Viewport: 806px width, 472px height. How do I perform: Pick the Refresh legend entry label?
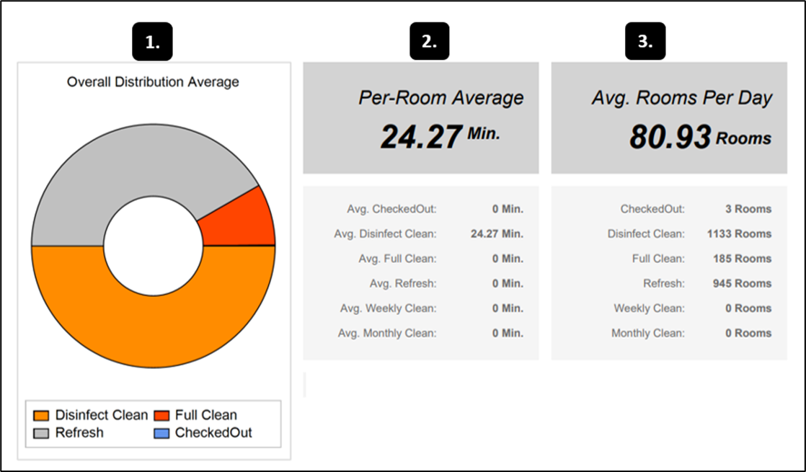pos(79,433)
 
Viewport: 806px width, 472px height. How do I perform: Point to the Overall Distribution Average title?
pos(153,82)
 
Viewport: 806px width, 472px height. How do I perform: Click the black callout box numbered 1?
pos(153,42)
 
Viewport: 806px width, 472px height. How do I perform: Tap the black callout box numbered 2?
pos(430,42)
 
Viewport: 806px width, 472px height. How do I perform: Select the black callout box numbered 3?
pos(645,42)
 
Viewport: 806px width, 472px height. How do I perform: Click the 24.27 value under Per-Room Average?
pos(420,136)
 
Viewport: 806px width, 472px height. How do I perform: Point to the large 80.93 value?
pos(670,136)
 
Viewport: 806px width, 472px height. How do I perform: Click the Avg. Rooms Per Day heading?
pos(681,98)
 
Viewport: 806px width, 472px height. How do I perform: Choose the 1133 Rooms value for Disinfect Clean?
pos(739,234)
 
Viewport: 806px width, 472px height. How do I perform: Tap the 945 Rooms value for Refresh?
pos(743,283)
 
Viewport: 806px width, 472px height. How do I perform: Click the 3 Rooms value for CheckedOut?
pos(748,209)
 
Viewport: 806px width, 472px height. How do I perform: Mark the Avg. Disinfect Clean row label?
pos(385,234)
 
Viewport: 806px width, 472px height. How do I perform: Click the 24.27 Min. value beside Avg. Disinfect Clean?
pos(497,234)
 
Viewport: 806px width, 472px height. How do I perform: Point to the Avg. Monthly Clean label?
pos(386,333)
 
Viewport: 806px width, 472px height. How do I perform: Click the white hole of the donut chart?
pos(153,246)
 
